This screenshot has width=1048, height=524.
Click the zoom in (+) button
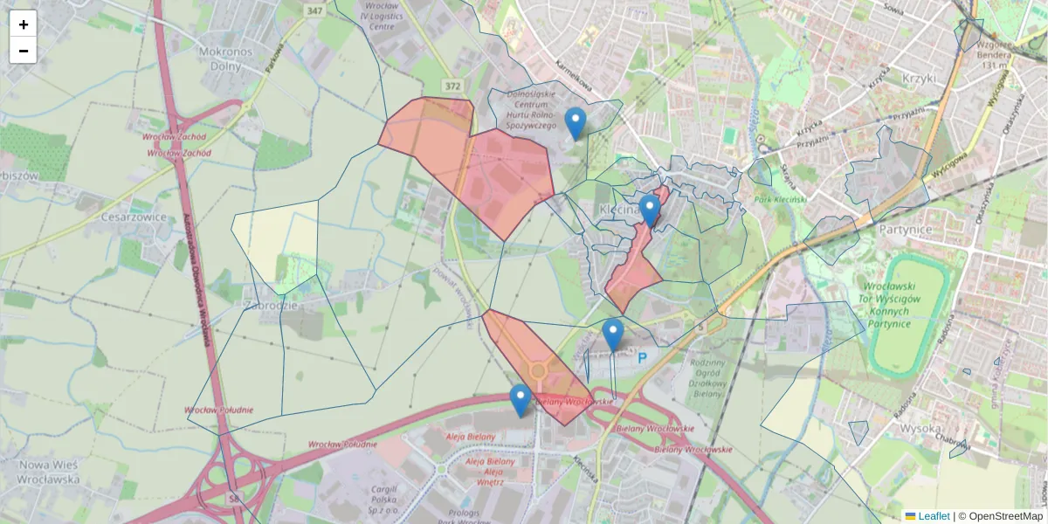(24, 24)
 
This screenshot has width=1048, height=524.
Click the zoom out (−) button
(24, 51)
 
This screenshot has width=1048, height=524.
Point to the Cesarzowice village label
(134, 216)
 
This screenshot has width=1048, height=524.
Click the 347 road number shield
(314, 10)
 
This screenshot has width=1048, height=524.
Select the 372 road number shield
(452, 86)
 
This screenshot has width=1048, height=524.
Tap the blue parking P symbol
(642, 357)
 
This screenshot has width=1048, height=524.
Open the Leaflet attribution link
(933, 516)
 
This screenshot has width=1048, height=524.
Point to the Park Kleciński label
(779, 199)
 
